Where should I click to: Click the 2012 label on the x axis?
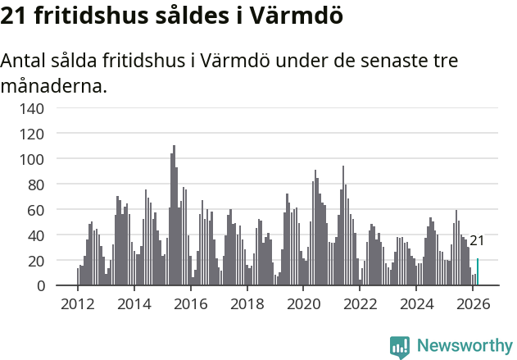click(x=78, y=303)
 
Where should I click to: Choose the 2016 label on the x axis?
click(x=191, y=303)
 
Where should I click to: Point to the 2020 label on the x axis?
click(x=303, y=303)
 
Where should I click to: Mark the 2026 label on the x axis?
click(x=472, y=303)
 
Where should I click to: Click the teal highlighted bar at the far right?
click(x=478, y=272)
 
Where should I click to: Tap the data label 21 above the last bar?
click(x=477, y=240)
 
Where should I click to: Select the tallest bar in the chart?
click(x=174, y=216)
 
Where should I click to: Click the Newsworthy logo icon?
click(x=400, y=346)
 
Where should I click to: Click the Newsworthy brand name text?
click(x=465, y=346)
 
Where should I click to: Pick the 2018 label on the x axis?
click(x=247, y=303)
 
